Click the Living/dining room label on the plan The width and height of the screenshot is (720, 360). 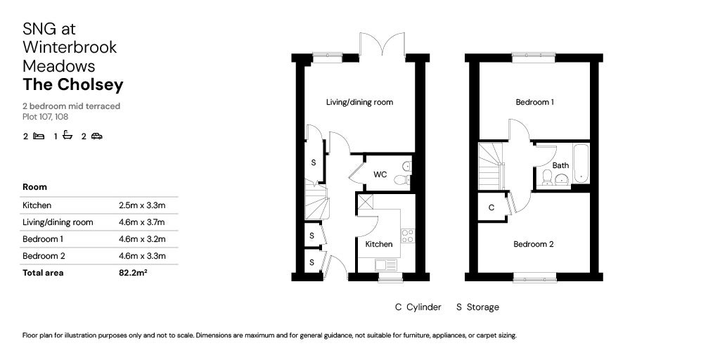click(359, 102)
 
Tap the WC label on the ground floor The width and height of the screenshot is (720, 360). click(380, 174)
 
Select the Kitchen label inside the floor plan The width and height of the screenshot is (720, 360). click(378, 244)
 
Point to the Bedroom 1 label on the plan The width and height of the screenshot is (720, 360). click(534, 102)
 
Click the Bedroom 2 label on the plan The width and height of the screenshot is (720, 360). click(533, 244)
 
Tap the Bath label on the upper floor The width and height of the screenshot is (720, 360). click(560, 166)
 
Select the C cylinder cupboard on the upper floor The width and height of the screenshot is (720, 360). click(491, 207)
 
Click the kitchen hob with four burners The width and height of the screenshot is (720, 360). click(407, 236)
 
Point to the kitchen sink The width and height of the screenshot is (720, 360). click(385, 265)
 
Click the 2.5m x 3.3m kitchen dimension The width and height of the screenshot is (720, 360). click(142, 205)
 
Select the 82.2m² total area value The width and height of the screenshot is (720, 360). click(133, 273)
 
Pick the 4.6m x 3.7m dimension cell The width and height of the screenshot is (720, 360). click(142, 222)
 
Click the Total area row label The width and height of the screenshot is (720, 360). click(43, 273)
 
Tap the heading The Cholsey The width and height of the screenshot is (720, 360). click(73, 85)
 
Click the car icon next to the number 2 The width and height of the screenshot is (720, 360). click(97, 136)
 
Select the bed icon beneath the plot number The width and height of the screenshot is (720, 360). click(39, 136)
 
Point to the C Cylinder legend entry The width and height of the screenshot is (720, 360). click(418, 307)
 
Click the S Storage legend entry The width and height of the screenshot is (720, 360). click(477, 307)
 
